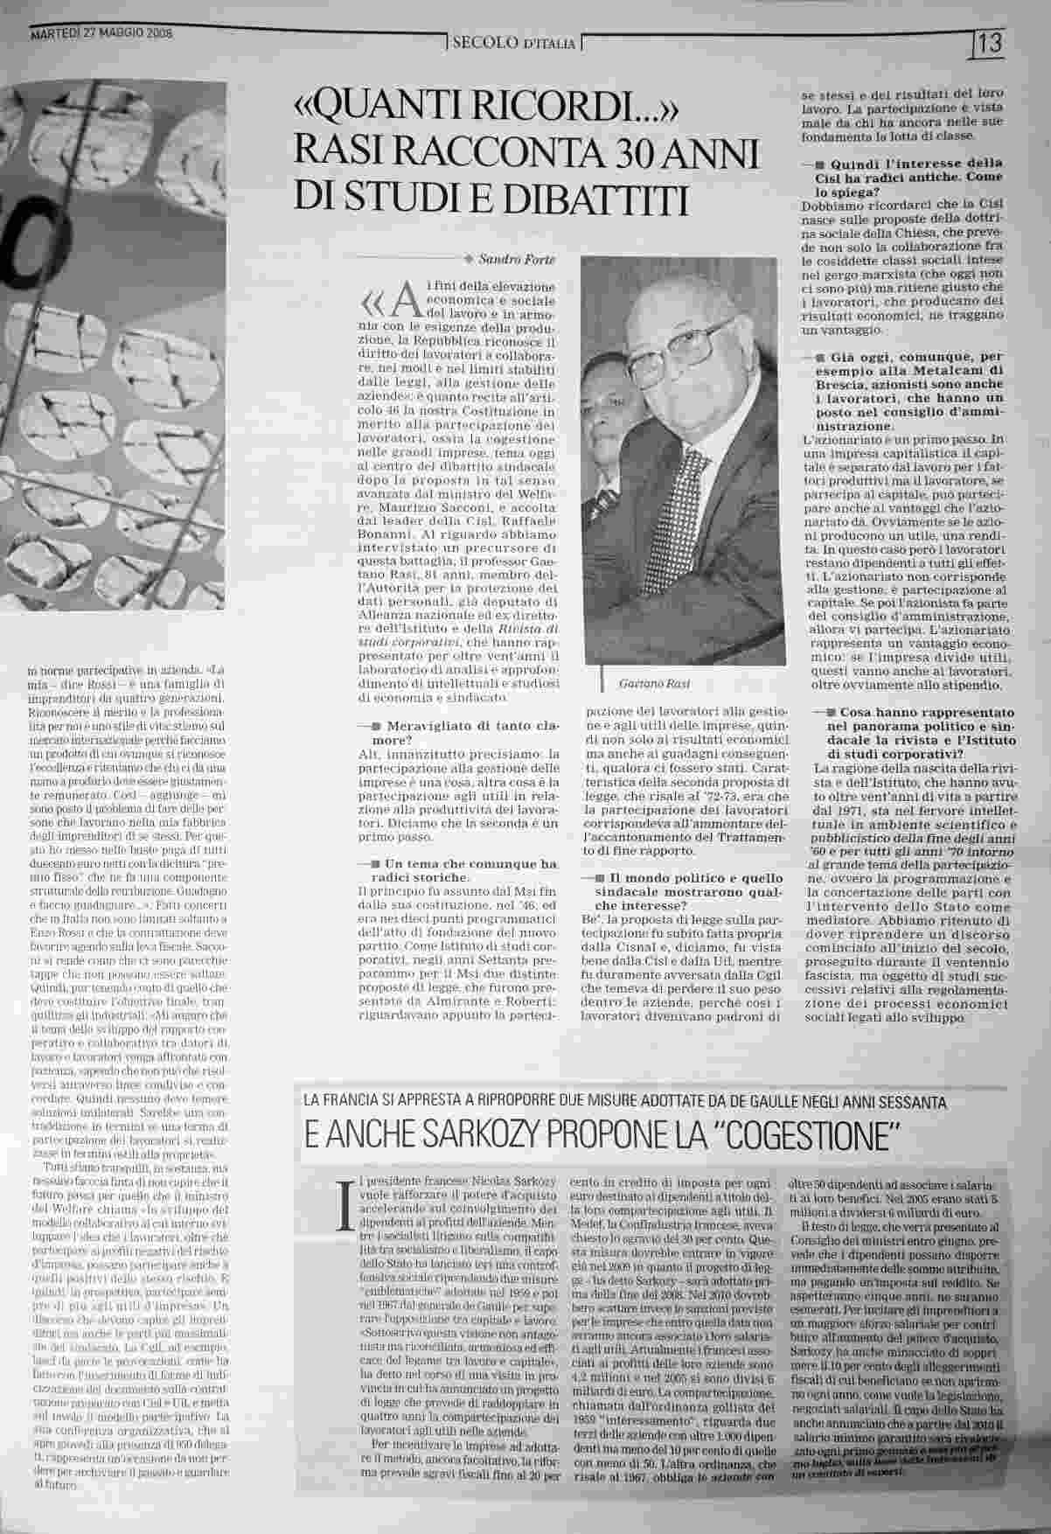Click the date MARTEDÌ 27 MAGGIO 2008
[x=101, y=34]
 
